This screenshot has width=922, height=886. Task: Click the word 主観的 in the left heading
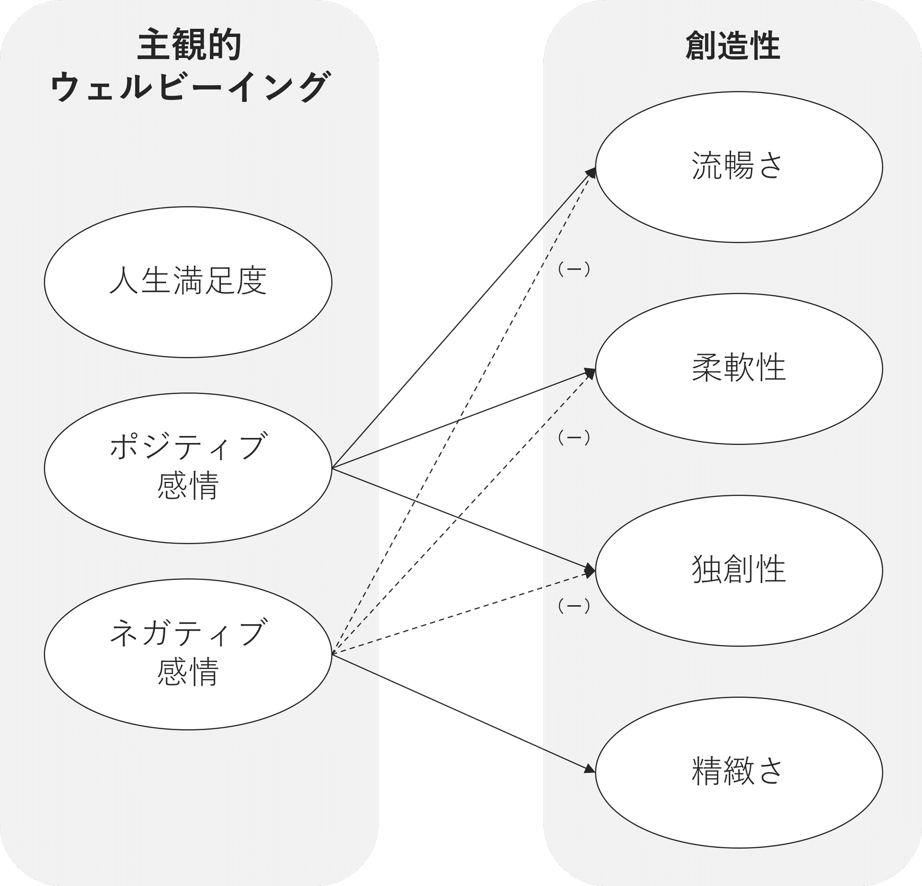pyautogui.click(x=189, y=46)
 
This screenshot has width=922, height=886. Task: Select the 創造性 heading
pyautogui.click(x=733, y=46)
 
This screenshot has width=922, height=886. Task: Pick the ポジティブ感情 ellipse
pyautogui.click(x=188, y=468)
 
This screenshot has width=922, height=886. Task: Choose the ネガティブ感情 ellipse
pyautogui.click(x=188, y=654)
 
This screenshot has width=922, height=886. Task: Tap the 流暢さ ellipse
pyautogui.click(x=739, y=167)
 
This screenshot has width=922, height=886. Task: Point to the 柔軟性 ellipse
pyautogui.click(x=739, y=369)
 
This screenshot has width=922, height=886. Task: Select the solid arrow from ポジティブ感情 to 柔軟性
pyautogui.click(x=423, y=435)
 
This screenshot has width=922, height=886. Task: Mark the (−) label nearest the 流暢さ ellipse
pyautogui.click(x=573, y=270)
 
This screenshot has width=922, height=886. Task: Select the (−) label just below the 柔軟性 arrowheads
pyautogui.click(x=573, y=438)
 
